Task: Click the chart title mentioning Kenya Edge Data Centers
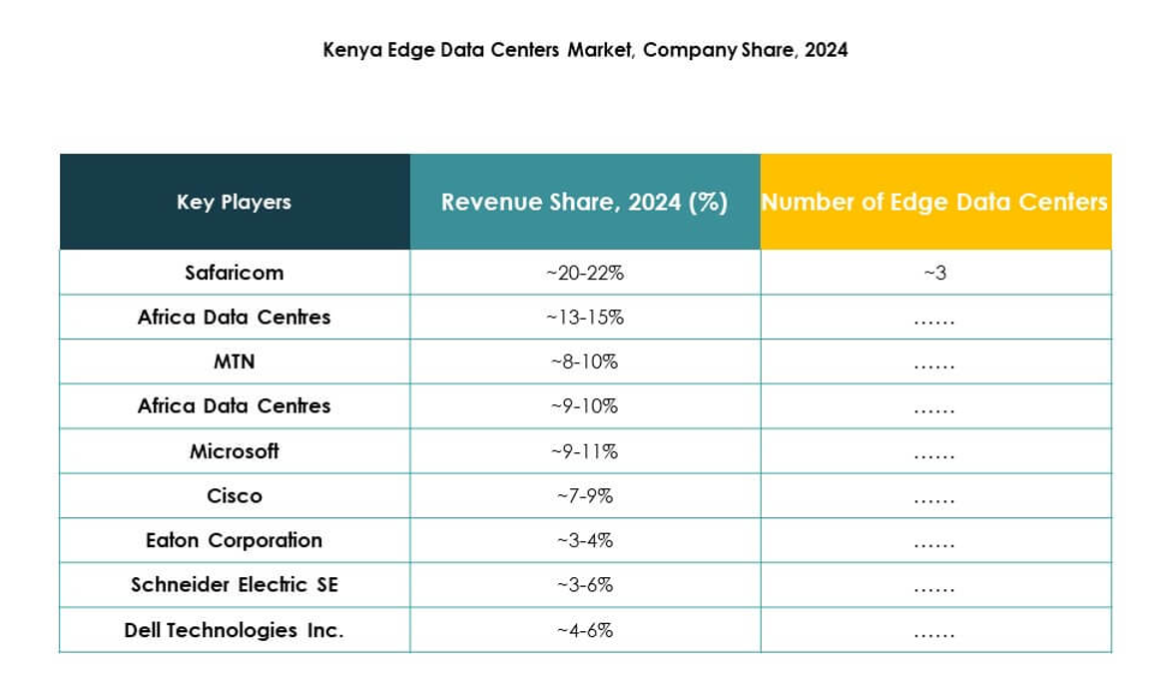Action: [585, 50]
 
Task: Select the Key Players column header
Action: [234, 202]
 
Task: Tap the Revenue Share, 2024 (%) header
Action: [584, 202]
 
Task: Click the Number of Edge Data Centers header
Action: [934, 202]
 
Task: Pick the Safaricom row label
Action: [234, 273]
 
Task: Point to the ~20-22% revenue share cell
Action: [584, 273]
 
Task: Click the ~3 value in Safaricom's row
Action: [934, 273]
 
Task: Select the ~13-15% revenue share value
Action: [584, 318]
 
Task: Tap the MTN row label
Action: [234, 361]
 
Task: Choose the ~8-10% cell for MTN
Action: [584, 361]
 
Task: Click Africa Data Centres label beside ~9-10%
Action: [234, 406]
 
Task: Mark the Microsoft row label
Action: [234, 451]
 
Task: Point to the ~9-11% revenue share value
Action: [584, 451]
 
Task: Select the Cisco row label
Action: [234, 496]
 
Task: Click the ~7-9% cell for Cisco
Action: [584, 496]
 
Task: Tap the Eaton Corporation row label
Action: [234, 540]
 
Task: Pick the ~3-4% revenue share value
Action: [584, 540]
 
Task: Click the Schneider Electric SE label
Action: [234, 585]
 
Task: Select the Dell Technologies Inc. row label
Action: [234, 630]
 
